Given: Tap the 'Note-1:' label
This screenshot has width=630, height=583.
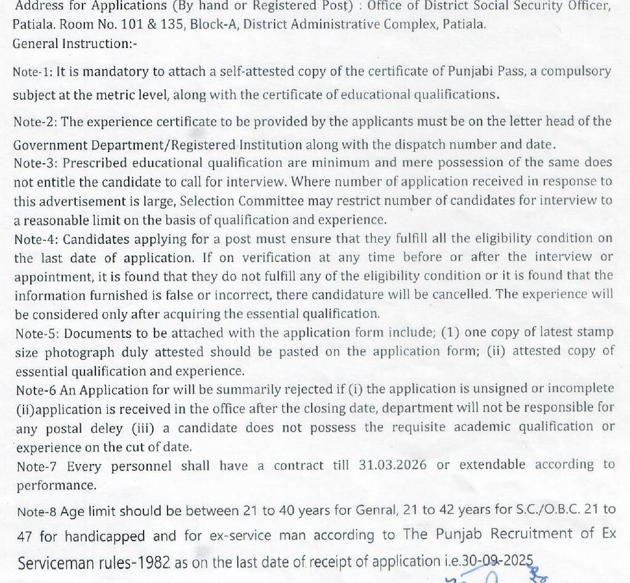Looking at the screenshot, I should click(x=32, y=71).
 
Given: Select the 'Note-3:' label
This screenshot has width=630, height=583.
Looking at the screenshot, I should click(x=36, y=163).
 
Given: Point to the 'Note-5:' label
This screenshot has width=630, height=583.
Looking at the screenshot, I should click(x=36, y=333).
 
